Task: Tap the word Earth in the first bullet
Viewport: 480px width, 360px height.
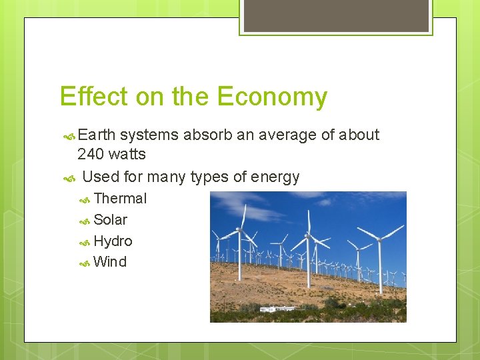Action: pyautogui.click(x=96, y=135)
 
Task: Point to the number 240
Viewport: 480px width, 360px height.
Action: pyautogui.click(x=91, y=154)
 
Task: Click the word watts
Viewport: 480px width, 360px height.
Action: pyautogui.click(x=127, y=154)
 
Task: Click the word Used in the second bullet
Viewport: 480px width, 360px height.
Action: pyautogui.click(x=100, y=177)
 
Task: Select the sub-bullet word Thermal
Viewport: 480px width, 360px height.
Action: pyautogui.click(x=120, y=199)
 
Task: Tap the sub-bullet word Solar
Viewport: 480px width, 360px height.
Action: pyautogui.click(x=110, y=220)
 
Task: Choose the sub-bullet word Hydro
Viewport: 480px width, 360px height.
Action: pyautogui.click(x=113, y=241)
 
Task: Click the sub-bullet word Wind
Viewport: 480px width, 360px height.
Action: pyautogui.click(x=110, y=262)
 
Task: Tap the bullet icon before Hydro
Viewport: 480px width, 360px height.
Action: pyautogui.click(x=85, y=242)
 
